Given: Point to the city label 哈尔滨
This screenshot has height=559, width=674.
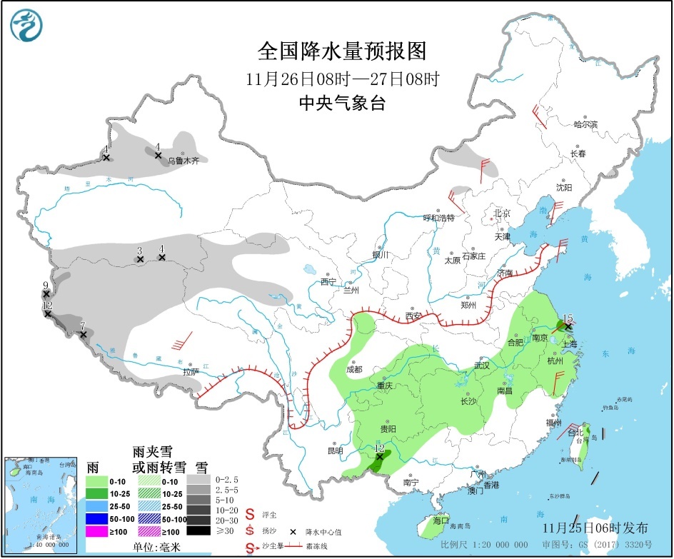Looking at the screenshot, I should (585, 124).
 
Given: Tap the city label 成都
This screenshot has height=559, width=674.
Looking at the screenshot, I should (354, 369).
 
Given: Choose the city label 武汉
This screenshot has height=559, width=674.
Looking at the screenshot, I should (482, 366).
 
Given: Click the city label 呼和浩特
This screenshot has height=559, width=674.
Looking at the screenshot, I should (438, 218).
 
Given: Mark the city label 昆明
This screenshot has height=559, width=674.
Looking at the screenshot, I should (335, 450).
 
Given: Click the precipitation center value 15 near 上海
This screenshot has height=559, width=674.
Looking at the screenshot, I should (568, 318).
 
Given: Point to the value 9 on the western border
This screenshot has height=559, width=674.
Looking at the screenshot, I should (45, 286).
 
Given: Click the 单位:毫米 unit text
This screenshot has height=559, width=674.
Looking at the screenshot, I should (154, 547).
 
